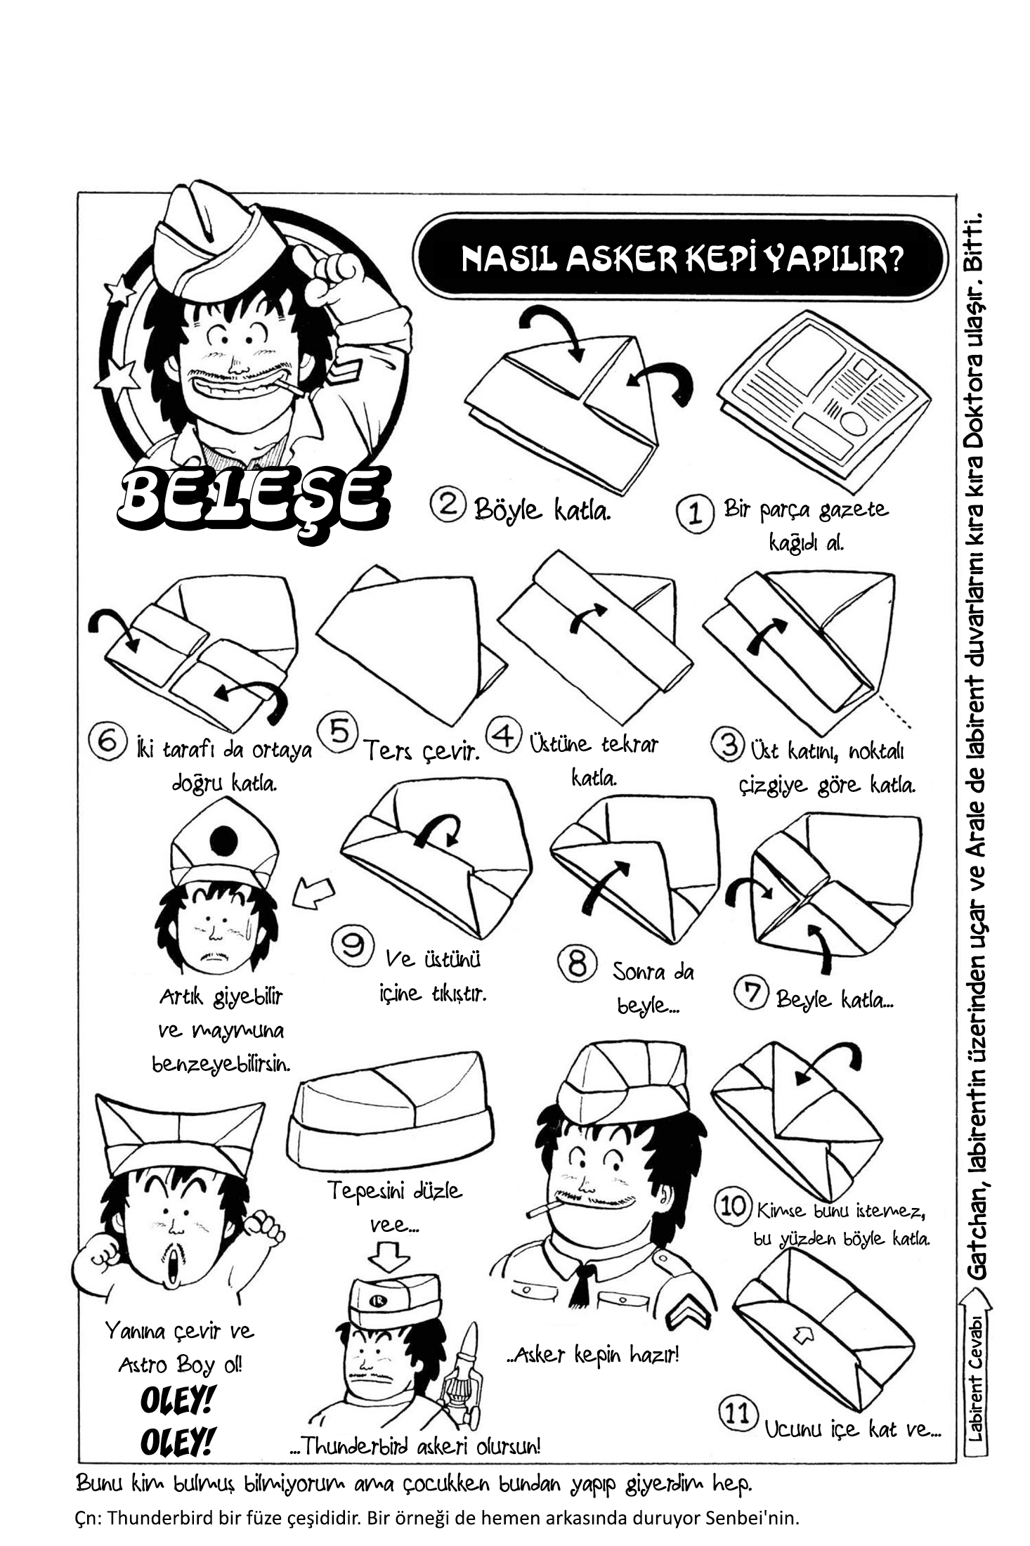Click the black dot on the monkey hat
tap(224, 840)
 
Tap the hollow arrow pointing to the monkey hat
tap(313, 892)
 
